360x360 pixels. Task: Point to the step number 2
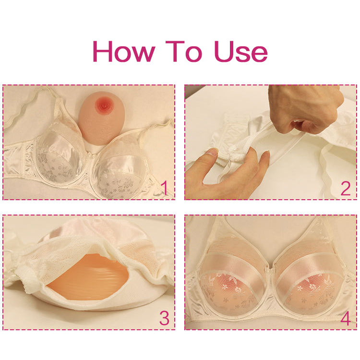[x=345, y=189]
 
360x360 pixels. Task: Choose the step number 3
[x=164, y=318]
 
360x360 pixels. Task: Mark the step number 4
[x=345, y=318]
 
